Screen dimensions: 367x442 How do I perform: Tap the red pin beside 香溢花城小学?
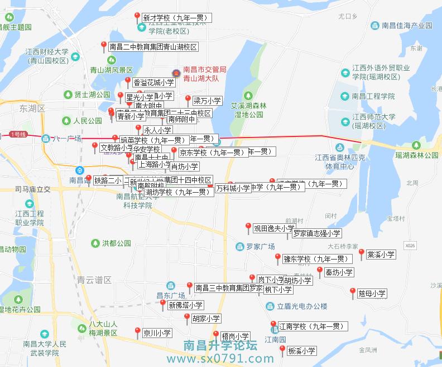click(x=127, y=81)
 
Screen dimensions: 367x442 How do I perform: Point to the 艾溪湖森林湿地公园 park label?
click(x=249, y=109)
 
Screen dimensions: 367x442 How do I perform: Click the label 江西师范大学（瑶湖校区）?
click(x=374, y=121)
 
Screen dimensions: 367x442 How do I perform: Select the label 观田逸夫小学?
click(x=273, y=228)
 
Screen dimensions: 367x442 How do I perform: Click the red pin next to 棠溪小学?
click(x=361, y=253)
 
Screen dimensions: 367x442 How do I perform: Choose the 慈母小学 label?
click(x=372, y=293)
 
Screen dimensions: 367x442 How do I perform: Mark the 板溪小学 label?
click(x=301, y=351)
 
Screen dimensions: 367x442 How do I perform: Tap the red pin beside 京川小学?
click(x=137, y=332)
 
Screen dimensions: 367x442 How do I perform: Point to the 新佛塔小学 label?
click(x=185, y=305)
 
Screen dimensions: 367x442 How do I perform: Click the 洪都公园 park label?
click(x=116, y=243)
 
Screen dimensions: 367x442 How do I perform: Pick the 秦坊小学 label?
click(x=339, y=272)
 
